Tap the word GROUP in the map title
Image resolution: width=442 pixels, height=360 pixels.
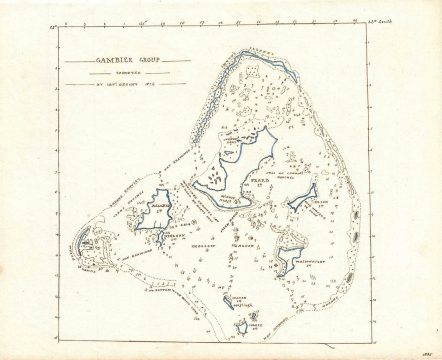[135, 61]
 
